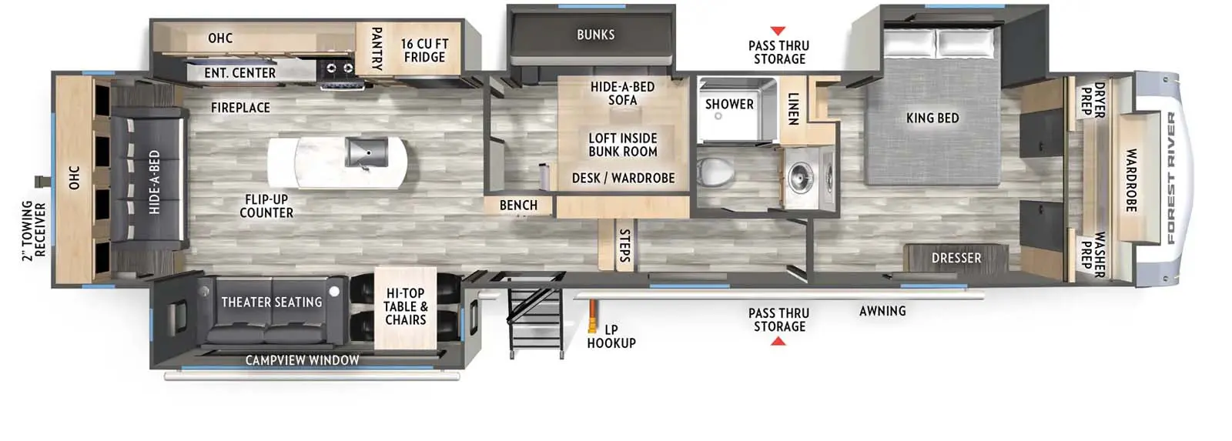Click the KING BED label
pyautogui.click(x=932, y=118)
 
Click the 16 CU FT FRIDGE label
pyautogui.click(x=424, y=51)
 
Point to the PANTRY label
pyautogui.click(x=377, y=48)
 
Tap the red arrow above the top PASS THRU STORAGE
pyautogui.click(x=778, y=31)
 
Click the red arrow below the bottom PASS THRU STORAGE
pyautogui.click(x=778, y=340)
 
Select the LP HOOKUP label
pyautogui.click(x=611, y=336)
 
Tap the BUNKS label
pyautogui.click(x=595, y=35)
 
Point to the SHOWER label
pyautogui.click(x=729, y=104)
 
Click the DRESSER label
pyautogui.click(x=956, y=258)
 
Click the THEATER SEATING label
pyautogui.click(x=272, y=302)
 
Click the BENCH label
pyautogui.click(x=518, y=205)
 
